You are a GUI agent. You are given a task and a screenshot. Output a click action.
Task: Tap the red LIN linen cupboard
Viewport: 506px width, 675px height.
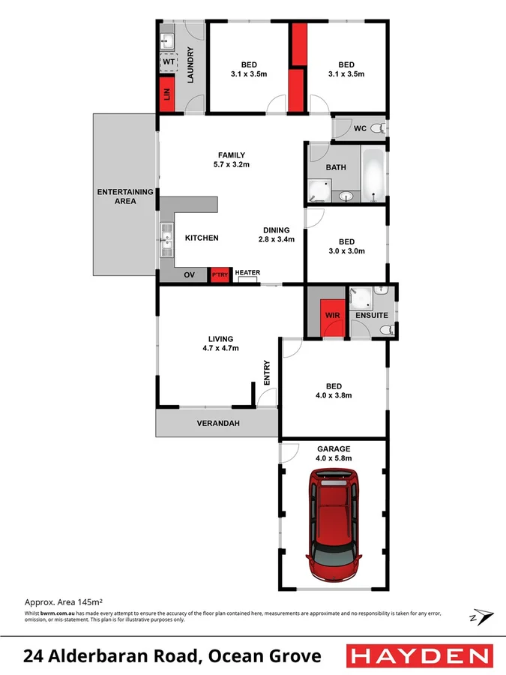[166, 94]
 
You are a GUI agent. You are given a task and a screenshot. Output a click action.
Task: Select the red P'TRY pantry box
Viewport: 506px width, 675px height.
[219, 274]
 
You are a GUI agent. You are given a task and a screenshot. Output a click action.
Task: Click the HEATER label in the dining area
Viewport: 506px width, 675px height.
[247, 273]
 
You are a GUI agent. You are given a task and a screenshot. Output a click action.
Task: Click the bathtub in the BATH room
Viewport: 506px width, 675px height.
[373, 174]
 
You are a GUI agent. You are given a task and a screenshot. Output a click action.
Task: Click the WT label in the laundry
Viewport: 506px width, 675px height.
[168, 61]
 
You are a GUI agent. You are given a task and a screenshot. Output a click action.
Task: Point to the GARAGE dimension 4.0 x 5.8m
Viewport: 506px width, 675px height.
[334, 457]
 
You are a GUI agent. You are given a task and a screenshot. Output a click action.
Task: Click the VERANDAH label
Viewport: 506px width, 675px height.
[217, 424]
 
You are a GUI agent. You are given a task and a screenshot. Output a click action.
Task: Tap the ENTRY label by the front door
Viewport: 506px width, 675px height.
[266, 373]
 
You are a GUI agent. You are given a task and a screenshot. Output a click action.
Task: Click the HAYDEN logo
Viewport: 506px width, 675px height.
[420, 657]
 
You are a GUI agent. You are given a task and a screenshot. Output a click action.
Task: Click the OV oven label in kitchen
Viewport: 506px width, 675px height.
[189, 274]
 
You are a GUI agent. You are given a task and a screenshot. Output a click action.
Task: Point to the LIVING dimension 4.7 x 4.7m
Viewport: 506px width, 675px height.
[221, 348]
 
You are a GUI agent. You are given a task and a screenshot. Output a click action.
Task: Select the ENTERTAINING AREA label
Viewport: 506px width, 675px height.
[125, 196]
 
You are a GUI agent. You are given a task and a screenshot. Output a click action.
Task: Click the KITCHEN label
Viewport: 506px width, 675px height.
[202, 238]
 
